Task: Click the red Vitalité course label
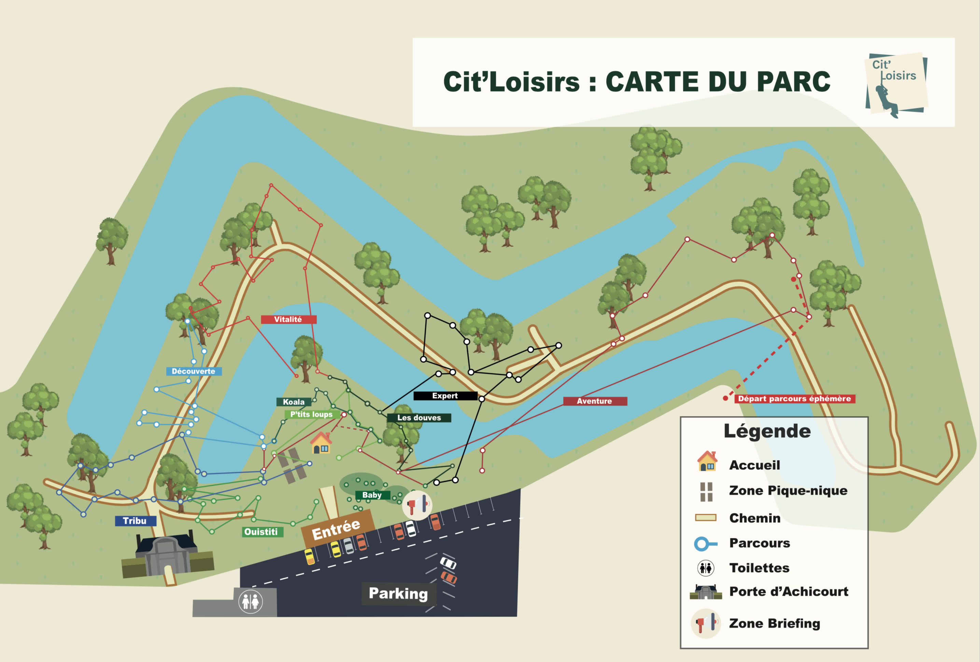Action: point(289,319)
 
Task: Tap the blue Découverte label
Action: point(194,371)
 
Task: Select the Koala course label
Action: point(294,402)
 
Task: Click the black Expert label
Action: point(445,396)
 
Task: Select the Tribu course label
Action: point(135,521)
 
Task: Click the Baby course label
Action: point(372,495)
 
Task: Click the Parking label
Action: point(398,593)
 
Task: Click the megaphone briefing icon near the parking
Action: point(417,505)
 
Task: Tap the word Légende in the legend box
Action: point(767,431)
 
